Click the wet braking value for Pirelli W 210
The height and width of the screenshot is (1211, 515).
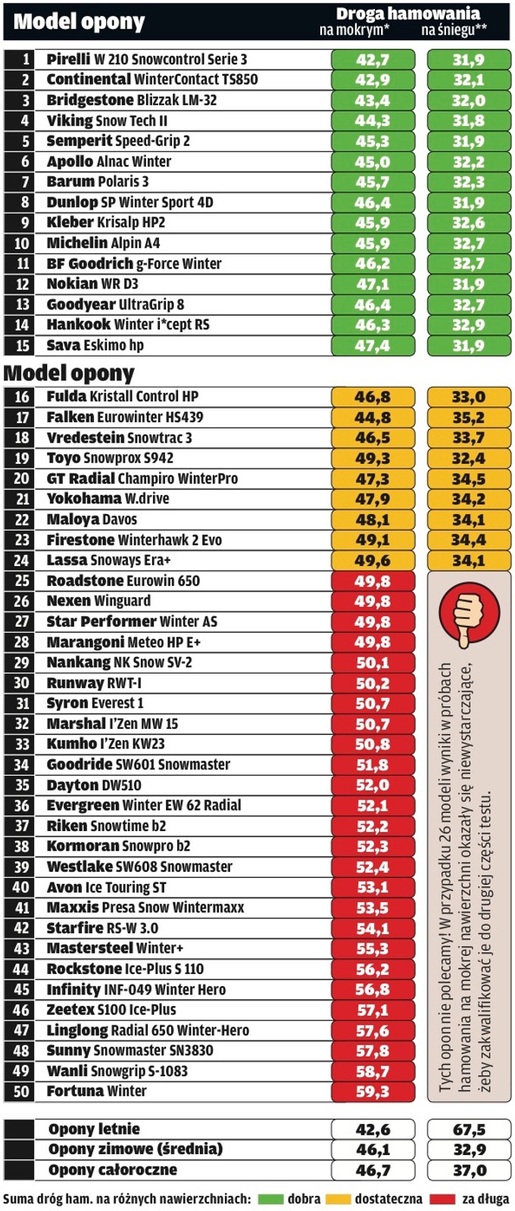click(x=373, y=60)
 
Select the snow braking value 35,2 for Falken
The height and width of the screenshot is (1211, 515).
click(x=469, y=418)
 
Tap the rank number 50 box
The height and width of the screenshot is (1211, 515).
click(x=21, y=1091)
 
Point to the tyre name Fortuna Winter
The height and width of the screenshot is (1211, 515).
click(x=96, y=1091)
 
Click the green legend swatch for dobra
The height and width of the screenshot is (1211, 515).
click(x=270, y=1200)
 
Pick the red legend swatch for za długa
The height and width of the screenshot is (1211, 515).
click(x=442, y=1200)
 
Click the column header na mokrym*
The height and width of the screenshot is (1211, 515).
click(x=354, y=30)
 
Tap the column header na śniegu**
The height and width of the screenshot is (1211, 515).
click(x=454, y=30)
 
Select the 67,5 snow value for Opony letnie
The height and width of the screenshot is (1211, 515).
click(x=469, y=1130)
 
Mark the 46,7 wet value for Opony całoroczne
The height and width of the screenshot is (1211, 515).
click(x=373, y=1170)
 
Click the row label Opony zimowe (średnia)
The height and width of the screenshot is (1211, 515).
click(x=136, y=1150)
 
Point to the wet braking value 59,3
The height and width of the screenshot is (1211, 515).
click(x=373, y=1091)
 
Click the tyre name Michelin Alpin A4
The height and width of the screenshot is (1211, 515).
click(x=103, y=243)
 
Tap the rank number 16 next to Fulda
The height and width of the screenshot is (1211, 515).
click(x=21, y=397)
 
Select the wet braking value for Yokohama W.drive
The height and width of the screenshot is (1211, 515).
click(x=373, y=500)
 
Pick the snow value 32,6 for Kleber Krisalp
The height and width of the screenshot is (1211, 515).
click(x=469, y=223)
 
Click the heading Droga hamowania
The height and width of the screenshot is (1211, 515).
click(x=407, y=14)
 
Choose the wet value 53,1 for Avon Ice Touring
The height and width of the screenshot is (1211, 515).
click(x=373, y=887)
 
